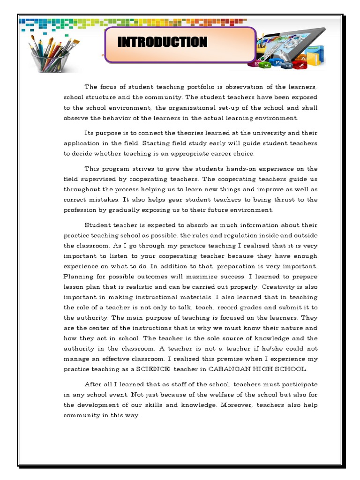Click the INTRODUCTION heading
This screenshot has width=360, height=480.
(x=162, y=42)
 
